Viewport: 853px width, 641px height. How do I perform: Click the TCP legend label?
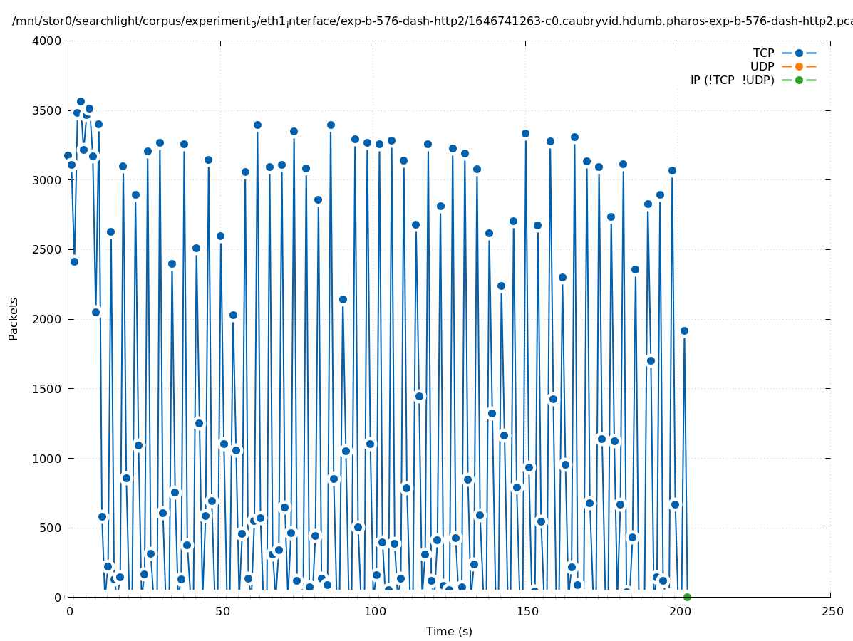(763, 53)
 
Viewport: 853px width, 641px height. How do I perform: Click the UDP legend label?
(762, 66)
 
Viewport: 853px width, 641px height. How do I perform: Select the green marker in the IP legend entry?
(799, 80)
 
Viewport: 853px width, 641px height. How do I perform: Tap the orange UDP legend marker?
(799, 66)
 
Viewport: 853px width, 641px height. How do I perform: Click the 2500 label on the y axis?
(47, 250)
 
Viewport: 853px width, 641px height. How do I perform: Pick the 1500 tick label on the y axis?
(47, 389)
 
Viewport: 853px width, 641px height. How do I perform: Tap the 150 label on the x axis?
(526, 611)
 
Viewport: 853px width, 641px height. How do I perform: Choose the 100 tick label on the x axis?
(373, 611)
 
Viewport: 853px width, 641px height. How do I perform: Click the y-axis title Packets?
(14, 318)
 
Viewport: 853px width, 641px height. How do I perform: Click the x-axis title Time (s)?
(449, 631)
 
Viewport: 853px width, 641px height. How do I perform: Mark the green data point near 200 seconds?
(687, 597)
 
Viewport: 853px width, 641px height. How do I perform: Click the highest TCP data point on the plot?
(81, 102)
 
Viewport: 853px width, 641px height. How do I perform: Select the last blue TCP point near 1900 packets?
(684, 330)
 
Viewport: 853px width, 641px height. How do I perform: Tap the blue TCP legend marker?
(799, 53)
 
